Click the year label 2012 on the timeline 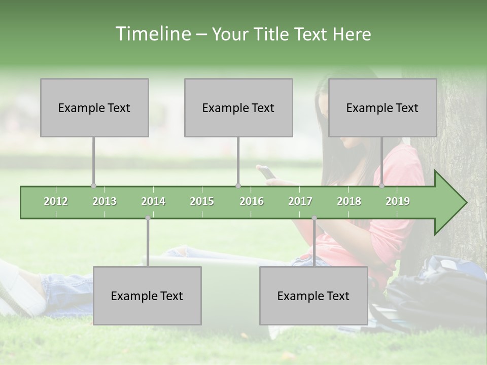[56, 201]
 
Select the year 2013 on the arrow [105, 201]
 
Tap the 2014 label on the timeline [153, 201]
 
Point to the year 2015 [202, 201]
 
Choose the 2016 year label [252, 201]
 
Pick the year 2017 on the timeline [300, 201]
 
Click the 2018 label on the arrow [349, 201]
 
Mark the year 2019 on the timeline [398, 201]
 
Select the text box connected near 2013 [94, 107]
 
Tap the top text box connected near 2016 [238, 107]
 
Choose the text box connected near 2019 [382, 107]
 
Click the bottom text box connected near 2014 [147, 296]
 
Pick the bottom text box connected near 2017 [314, 296]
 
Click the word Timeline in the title [152, 34]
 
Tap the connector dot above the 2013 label [93, 186]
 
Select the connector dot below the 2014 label [148, 218]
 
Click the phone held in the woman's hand [267, 173]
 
